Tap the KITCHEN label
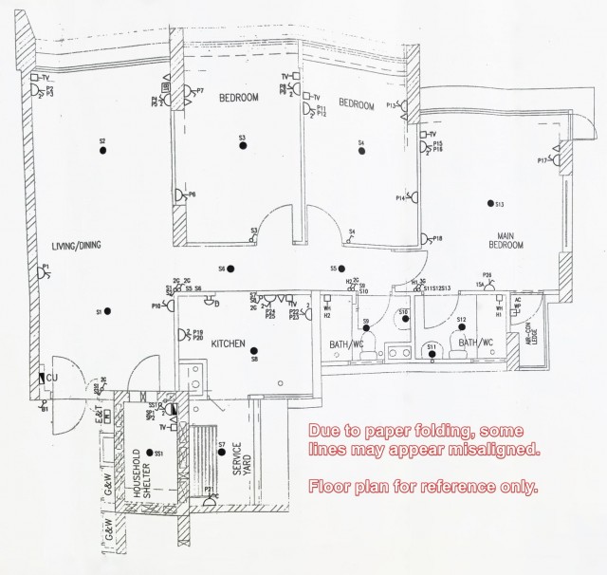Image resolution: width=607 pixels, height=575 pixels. (x=229, y=343)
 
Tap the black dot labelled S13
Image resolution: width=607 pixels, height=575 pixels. (x=491, y=204)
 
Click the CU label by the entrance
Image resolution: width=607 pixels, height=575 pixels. (x=53, y=378)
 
